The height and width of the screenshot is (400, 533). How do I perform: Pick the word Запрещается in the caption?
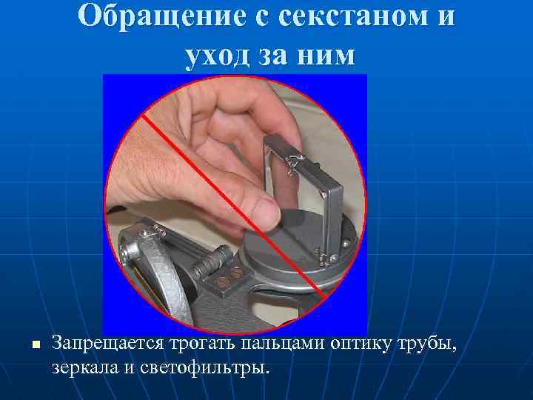[108, 343]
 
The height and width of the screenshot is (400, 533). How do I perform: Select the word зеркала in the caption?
[85, 366]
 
